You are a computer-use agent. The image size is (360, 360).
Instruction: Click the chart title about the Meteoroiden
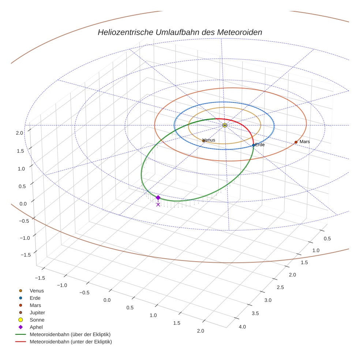180,32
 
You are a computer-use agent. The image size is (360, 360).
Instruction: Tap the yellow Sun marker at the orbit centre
225,125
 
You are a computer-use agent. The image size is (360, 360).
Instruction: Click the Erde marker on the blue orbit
254,145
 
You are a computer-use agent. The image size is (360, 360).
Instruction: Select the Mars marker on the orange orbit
296,142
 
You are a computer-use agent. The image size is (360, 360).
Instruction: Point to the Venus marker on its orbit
204,140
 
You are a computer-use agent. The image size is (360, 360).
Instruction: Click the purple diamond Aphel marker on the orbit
158,198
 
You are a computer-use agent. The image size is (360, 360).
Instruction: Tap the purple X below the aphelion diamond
158,205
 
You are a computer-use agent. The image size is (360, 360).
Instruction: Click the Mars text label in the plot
304,142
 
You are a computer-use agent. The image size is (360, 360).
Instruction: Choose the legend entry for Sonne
37,320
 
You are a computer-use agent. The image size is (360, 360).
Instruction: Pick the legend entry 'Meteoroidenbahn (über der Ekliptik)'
70,334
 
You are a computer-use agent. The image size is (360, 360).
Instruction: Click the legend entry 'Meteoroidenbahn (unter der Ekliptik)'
71,342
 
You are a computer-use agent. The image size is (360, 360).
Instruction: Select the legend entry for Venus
37,290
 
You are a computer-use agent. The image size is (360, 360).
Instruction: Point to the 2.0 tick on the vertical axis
19,133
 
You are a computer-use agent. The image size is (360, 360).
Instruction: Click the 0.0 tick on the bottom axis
107,300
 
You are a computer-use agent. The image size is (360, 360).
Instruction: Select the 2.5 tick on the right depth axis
280,288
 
